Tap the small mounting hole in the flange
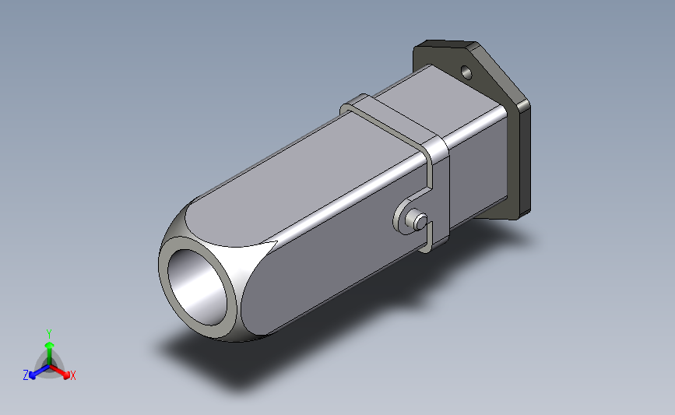467,73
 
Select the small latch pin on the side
419,220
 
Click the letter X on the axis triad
73,375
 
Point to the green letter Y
48,332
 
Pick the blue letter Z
26,375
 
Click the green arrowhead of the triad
48,345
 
